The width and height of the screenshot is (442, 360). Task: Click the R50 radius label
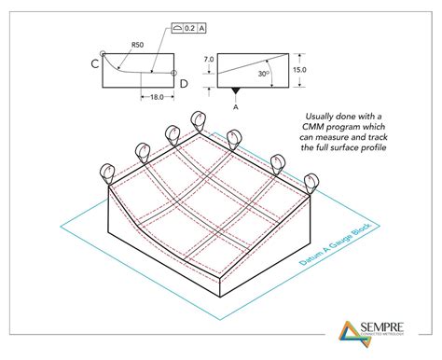pyautogui.click(x=136, y=44)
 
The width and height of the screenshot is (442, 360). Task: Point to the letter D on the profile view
pyautogui.click(x=183, y=84)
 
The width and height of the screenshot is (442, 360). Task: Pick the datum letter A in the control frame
pyautogui.click(x=200, y=28)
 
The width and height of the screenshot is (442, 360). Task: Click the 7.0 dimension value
pyautogui.click(x=210, y=59)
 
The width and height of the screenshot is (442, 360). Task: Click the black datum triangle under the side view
pyautogui.click(x=236, y=92)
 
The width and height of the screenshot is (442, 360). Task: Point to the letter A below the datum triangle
pyautogui.click(x=236, y=105)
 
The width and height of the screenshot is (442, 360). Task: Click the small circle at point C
pyautogui.click(x=103, y=53)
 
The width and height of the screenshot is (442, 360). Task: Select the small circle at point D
pyautogui.click(x=174, y=73)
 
